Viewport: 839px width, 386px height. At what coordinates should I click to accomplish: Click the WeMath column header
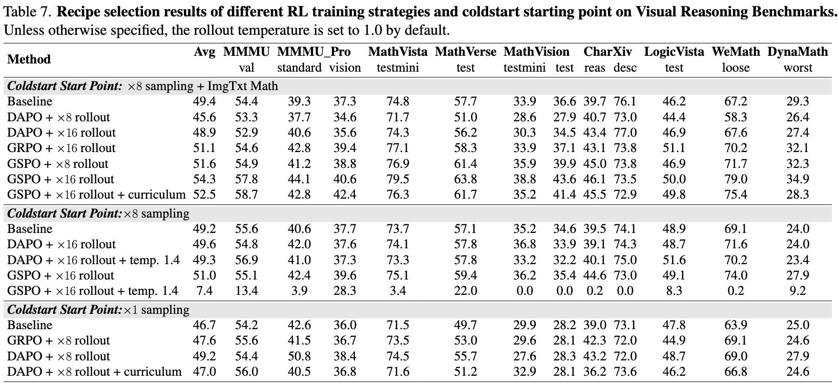(736, 52)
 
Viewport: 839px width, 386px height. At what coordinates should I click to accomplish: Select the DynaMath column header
(798, 52)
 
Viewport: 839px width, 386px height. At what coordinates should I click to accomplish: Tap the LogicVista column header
(674, 52)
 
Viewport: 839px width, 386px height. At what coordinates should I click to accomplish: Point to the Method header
(29, 59)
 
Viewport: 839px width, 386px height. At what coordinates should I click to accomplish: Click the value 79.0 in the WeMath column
(736, 179)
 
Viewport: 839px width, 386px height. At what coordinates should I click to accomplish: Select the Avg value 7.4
(204, 291)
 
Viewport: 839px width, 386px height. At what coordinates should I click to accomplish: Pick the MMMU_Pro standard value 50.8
(299, 356)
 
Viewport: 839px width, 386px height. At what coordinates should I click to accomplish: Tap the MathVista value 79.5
(397, 179)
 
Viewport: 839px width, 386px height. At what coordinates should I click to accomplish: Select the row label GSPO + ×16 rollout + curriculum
(96, 195)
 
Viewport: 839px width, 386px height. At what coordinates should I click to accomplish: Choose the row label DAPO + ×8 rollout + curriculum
(94, 371)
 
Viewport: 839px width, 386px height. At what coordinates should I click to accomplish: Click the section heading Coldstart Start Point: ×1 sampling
(98, 310)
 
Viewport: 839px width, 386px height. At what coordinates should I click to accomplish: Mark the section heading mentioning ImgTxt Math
(142, 86)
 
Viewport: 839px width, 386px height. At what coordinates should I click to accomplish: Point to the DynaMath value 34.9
(798, 179)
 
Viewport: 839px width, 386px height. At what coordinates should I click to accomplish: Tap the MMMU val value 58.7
(246, 195)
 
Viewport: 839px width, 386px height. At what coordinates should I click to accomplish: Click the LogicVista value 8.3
(674, 291)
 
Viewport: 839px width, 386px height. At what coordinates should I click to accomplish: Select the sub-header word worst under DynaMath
(798, 68)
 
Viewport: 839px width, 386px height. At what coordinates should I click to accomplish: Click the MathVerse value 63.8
(465, 179)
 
